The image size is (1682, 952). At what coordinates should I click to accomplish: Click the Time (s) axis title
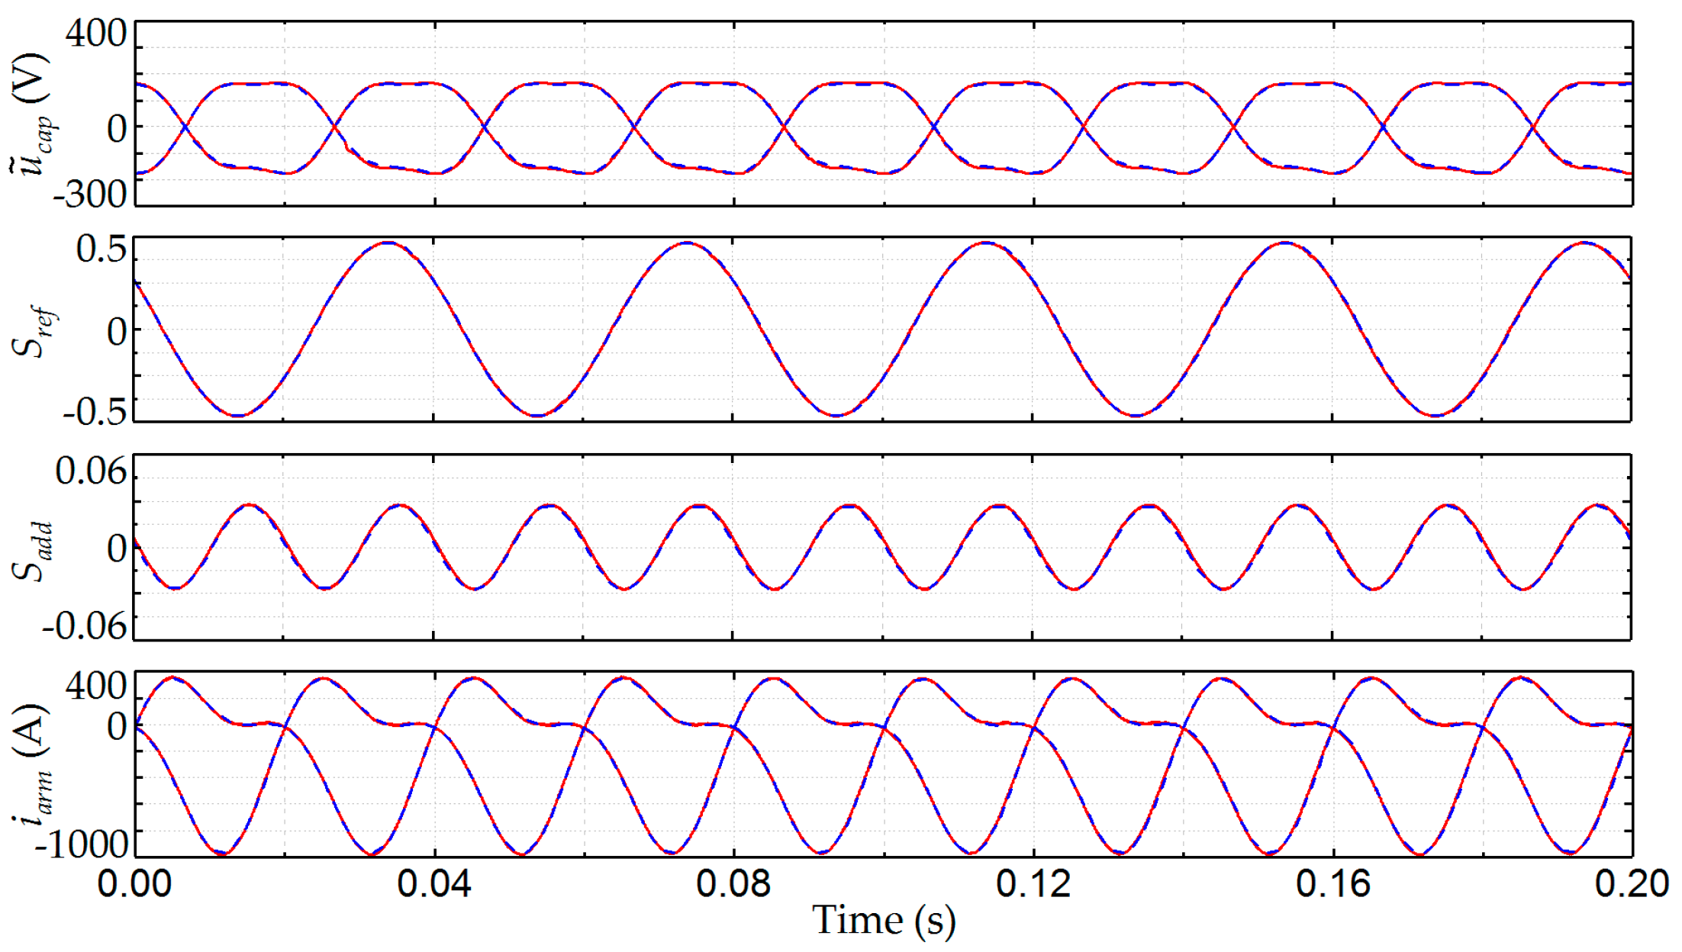(x=884, y=921)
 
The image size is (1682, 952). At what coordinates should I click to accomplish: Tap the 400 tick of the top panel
(x=96, y=34)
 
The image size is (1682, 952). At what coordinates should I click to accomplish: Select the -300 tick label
(x=89, y=195)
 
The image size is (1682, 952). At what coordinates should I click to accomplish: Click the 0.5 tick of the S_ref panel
(x=101, y=249)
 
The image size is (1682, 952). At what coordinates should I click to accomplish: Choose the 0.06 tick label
(x=91, y=471)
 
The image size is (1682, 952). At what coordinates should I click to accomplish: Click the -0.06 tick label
(x=84, y=627)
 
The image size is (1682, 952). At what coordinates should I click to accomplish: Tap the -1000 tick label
(x=83, y=844)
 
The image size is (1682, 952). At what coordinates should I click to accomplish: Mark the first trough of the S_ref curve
(x=239, y=416)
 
